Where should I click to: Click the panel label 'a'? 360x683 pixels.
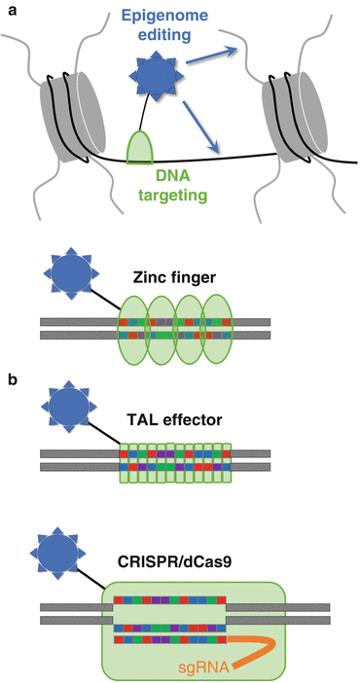(10, 10)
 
